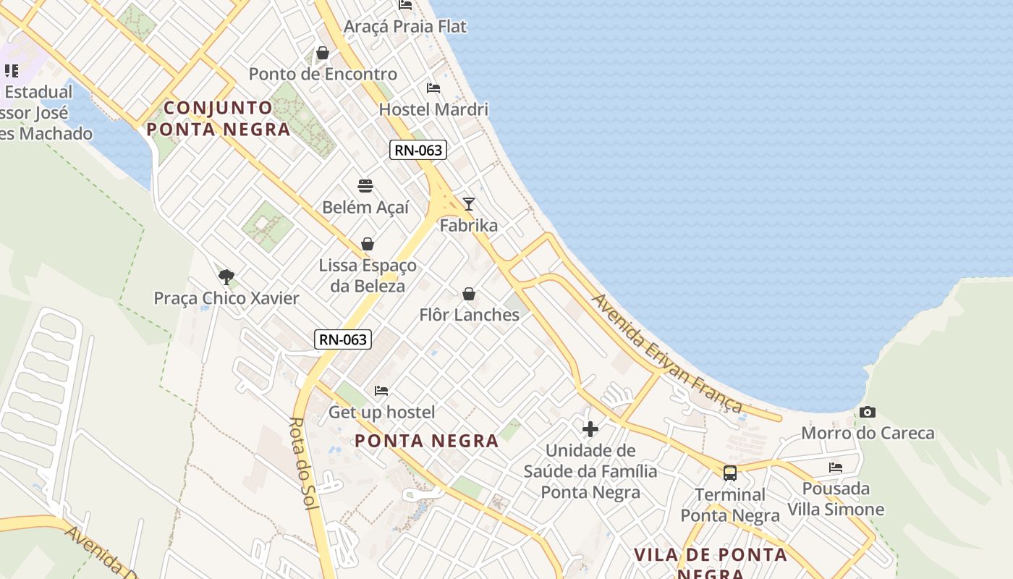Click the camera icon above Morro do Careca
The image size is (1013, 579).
point(867,413)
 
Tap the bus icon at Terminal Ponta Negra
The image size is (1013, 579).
point(730,473)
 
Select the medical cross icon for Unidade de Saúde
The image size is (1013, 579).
point(590,429)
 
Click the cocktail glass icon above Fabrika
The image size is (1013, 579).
point(469,204)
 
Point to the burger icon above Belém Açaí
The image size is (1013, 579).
point(365,186)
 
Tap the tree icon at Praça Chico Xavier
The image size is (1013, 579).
point(226,276)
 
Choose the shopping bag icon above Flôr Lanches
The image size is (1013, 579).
point(469,294)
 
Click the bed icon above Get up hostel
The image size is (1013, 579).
point(381,391)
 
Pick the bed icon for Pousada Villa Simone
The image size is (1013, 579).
point(836,468)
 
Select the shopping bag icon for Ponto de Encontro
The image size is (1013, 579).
point(323,53)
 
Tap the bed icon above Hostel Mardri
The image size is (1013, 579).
point(433,88)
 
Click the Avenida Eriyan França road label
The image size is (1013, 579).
point(667,353)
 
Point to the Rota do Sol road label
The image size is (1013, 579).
point(305,463)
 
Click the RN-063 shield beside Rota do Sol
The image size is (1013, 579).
point(343,339)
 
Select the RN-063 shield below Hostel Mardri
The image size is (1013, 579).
point(418,151)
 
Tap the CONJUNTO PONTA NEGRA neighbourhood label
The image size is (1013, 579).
point(219,119)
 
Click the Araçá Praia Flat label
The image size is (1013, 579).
point(405,27)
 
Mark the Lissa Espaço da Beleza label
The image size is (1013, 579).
point(368,275)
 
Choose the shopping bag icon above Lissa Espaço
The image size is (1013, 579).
point(368,244)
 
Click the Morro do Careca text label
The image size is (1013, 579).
point(868,433)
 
